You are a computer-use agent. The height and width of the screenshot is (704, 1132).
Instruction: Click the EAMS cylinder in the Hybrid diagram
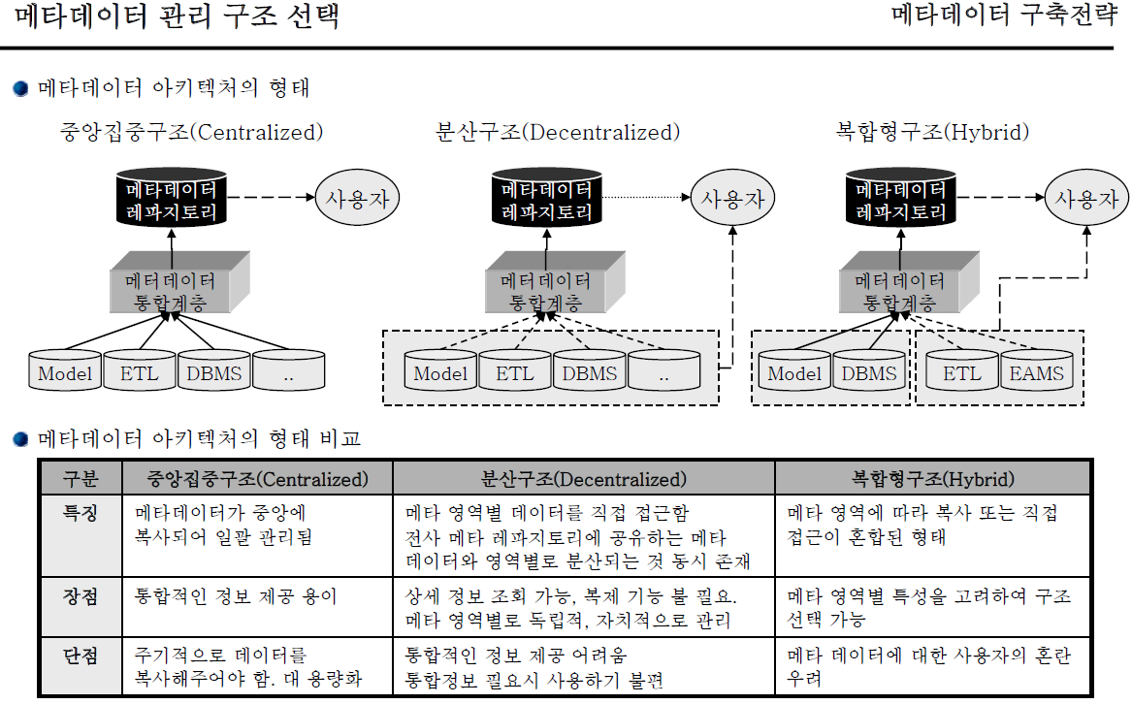pyautogui.click(x=1038, y=373)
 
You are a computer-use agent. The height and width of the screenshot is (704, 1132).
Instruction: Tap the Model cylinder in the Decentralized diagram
pyautogui.click(x=440, y=373)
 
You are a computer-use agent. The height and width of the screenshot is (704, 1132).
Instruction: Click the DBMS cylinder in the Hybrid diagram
pyautogui.click(x=869, y=373)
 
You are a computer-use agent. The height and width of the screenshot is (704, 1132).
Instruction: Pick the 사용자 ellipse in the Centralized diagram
pyautogui.click(x=358, y=200)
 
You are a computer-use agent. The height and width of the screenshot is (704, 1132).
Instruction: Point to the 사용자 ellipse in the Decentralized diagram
pyautogui.click(x=732, y=200)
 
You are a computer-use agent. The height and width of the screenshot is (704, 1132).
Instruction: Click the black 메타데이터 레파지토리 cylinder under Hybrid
pyautogui.click(x=895, y=200)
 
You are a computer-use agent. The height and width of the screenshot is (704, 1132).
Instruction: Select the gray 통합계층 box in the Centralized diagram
pyautogui.click(x=171, y=285)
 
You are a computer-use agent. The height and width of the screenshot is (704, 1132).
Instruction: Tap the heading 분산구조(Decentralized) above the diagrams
pyautogui.click(x=558, y=133)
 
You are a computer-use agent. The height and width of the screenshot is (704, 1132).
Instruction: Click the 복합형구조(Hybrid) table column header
pyautogui.click(x=932, y=479)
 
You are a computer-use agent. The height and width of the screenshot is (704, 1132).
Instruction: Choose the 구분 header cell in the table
pyautogui.click(x=81, y=479)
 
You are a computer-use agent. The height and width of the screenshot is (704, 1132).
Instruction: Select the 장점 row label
pyautogui.click(x=81, y=597)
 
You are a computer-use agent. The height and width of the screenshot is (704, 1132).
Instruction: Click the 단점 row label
pyautogui.click(x=81, y=656)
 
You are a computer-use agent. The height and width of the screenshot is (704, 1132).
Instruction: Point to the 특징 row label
pyautogui.click(x=81, y=512)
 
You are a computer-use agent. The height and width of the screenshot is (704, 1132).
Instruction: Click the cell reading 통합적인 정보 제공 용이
pyautogui.click(x=236, y=597)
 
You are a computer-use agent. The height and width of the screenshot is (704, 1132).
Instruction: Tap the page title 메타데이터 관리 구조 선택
pyautogui.click(x=178, y=17)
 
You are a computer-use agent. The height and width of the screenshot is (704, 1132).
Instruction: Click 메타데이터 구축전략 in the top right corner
pyautogui.click(x=1004, y=16)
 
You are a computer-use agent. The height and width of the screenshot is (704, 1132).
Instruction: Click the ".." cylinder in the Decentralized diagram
pyautogui.click(x=663, y=373)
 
